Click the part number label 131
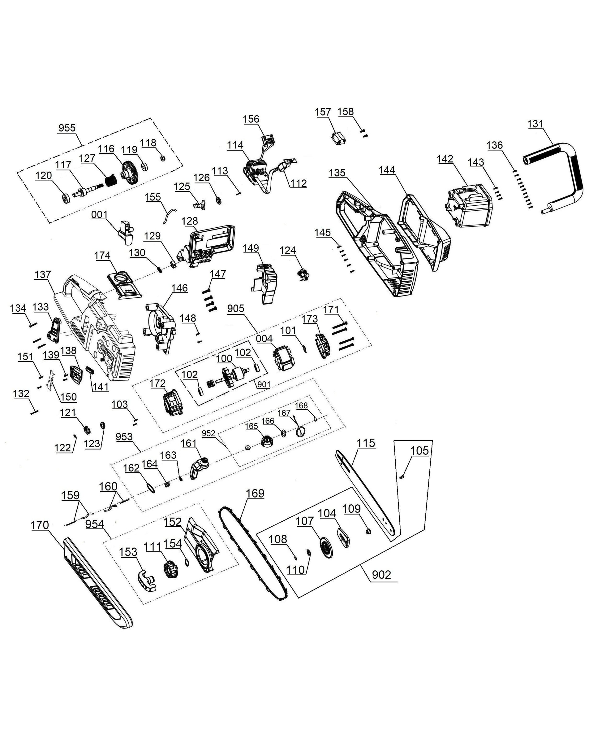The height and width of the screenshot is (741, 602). point(535,124)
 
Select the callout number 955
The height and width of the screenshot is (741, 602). point(67,128)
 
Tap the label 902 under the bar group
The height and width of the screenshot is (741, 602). point(381,575)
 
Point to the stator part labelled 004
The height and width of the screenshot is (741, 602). point(283,358)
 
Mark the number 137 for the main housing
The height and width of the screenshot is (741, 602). point(43,274)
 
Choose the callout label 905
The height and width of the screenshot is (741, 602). point(236,308)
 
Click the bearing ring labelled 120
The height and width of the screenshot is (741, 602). point(66,198)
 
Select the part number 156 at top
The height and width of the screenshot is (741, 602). point(251,119)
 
